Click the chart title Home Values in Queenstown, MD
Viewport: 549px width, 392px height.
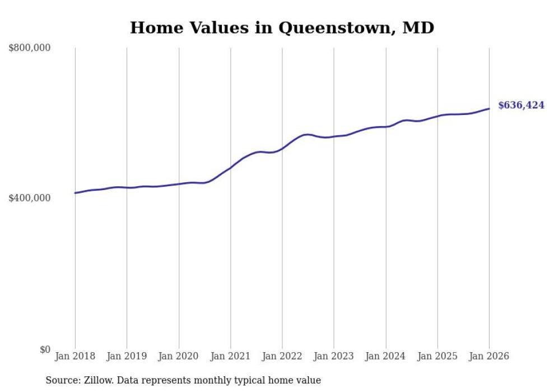click(x=282, y=27)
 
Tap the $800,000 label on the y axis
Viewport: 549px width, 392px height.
click(x=30, y=48)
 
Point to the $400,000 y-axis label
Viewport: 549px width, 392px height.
click(x=30, y=199)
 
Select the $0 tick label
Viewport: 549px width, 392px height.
click(x=45, y=349)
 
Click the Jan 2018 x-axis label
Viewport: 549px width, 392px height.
click(x=75, y=357)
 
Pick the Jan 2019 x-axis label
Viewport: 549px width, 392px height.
click(x=127, y=357)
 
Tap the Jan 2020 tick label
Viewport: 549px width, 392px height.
click(x=179, y=357)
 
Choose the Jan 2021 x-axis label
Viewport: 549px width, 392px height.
click(x=230, y=357)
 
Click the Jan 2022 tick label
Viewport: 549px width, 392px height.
click(x=282, y=357)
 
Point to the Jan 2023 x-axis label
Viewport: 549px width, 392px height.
click(x=334, y=357)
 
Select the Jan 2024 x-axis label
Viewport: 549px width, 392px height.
click(x=385, y=357)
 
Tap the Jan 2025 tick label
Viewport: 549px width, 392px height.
click(x=438, y=357)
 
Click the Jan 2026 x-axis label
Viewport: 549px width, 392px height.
click(x=489, y=357)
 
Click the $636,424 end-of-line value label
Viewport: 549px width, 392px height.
click(x=521, y=105)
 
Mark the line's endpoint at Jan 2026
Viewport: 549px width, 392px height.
click(x=489, y=109)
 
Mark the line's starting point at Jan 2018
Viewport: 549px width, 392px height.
click(x=75, y=193)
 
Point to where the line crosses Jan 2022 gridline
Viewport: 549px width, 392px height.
click(x=282, y=149)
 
